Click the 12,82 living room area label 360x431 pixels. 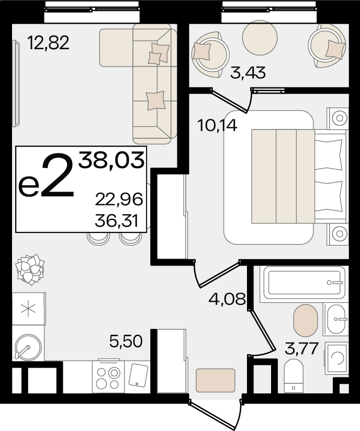tap(49, 43)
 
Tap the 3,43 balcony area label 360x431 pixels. tap(248, 73)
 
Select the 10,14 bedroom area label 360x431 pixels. tap(217, 126)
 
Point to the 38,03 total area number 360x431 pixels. tap(111, 160)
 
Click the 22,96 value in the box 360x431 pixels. tap(119, 200)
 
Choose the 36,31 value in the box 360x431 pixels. tap(117, 220)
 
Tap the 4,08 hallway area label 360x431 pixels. tap(227, 299)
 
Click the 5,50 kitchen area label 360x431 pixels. tap(126, 341)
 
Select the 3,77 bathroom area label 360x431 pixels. tap(301, 348)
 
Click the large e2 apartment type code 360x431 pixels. tap(46, 176)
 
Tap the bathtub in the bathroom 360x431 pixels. tap(303, 283)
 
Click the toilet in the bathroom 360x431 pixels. tap(294, 376)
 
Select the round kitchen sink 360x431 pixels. tap(28, 347)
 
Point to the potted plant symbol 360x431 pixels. tap(30, 269)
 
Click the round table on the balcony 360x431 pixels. tap(260, 38)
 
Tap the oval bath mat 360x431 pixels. tap(306, 320)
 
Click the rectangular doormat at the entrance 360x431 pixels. tap(215, 380)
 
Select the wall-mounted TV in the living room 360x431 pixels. tap(16, 83)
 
